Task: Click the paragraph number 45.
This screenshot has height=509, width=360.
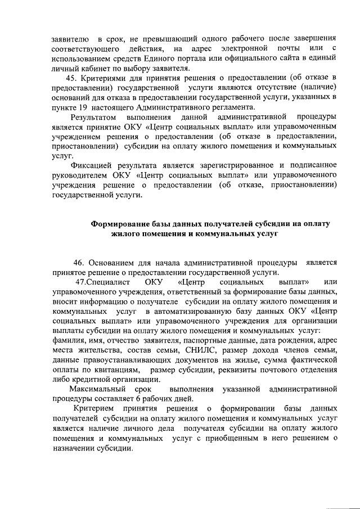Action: (x=71, y=77)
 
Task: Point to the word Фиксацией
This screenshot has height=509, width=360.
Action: (x=91, y=166)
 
